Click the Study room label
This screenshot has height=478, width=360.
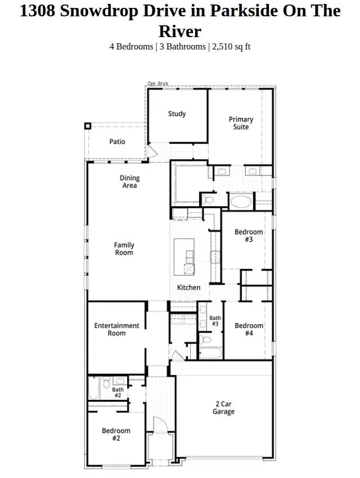tap(177, 114)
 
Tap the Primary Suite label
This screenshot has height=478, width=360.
tap(241, 123)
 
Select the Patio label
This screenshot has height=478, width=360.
tap(117, 142)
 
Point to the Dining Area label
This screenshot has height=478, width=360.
tap(129, 182)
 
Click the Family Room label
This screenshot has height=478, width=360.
tap(124, 249)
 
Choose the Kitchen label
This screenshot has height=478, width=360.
tap(188, 287)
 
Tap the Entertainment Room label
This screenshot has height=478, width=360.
tap(116, 330)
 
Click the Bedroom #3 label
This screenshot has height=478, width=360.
tap(249, 236)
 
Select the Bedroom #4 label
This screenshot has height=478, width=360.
tap(249, 330)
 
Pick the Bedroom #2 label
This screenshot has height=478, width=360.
tap(116, 435)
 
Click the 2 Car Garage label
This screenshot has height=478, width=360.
tap(223, 408)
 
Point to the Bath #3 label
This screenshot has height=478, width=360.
tap(215, 321)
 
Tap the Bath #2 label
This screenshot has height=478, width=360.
tap(118, 393)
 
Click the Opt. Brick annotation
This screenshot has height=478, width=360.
tap(157, 84)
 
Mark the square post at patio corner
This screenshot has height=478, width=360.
tap(87, 126)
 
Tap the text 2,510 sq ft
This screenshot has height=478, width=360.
tap(231, 46)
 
